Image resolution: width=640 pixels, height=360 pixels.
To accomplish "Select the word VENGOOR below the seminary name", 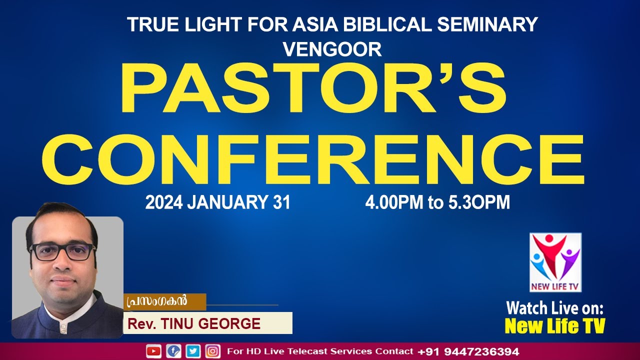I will click(332, 49).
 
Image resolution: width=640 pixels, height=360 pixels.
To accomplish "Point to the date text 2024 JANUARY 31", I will click(217, 203).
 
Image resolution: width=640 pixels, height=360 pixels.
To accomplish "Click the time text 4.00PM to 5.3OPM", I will click(437, 203).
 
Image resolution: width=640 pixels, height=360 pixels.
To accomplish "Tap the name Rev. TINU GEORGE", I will click(194, 323).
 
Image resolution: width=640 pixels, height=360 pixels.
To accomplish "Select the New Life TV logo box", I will click(555, 262).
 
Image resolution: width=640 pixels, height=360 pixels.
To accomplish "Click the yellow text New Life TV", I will click(555, 326).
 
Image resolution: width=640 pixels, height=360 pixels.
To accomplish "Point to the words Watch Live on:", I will click(555, 307).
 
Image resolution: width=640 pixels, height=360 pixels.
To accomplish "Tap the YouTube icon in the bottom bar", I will click(153, 351).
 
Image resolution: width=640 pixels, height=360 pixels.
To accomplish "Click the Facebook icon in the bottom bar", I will click(173, 351).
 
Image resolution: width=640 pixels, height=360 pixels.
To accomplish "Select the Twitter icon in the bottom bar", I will click(193, 351).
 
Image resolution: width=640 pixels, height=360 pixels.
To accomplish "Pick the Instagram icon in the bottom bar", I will click(213, 351).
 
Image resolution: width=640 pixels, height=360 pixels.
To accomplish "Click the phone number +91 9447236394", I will click(468, 351).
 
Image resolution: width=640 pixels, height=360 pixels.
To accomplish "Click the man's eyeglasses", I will click(62, 251).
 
